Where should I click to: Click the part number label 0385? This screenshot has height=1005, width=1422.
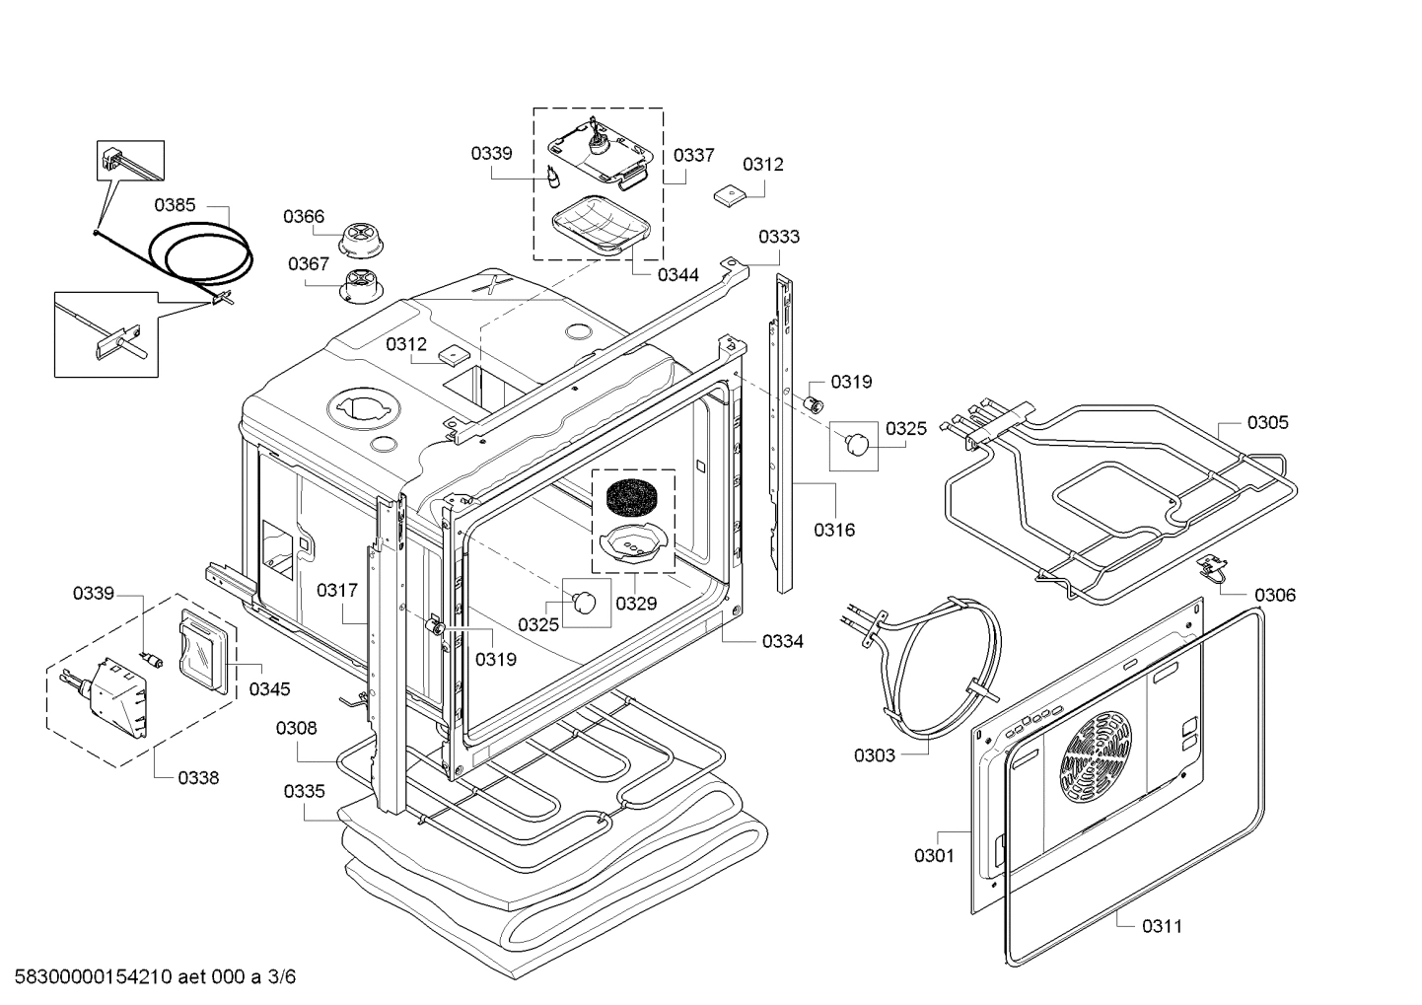pos(175,205)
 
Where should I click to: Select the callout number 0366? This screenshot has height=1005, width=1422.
pos(304,217)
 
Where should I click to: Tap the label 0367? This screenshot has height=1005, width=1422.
pos(309,263)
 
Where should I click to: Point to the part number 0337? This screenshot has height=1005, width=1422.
pos(694,155)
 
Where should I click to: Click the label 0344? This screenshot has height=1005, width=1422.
pos(678,275)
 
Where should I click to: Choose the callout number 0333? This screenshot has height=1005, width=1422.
pos(779,237)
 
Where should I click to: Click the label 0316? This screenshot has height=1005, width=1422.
pos(834,530)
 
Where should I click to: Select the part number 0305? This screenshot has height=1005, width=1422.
pos(1268,423)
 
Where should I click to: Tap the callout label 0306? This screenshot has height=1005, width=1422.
pos(1275,595)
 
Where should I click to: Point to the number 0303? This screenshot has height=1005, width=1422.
pos(874,755)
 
